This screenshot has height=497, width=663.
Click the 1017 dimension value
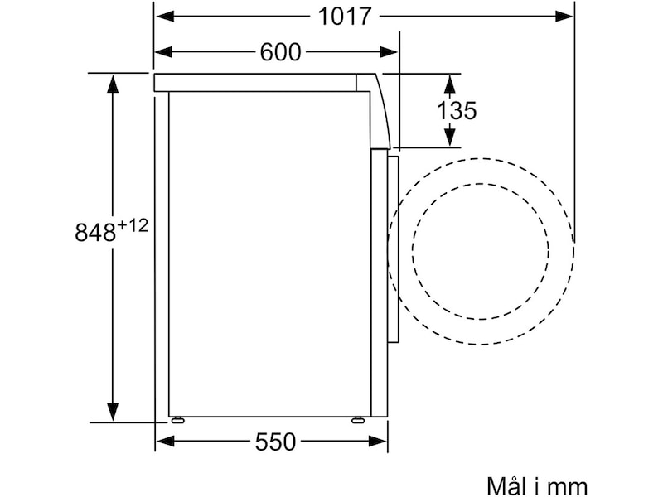344,17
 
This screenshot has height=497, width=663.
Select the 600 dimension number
280,52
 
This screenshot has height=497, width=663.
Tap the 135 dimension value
457,111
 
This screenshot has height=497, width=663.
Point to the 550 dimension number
275,442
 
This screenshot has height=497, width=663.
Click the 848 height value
95,232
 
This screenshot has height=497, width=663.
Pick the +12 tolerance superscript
133,225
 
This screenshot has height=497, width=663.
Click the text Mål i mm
537,486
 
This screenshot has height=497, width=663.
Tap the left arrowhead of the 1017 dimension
165,17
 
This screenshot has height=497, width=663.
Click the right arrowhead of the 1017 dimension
564,17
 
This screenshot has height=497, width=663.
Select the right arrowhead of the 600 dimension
389,52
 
